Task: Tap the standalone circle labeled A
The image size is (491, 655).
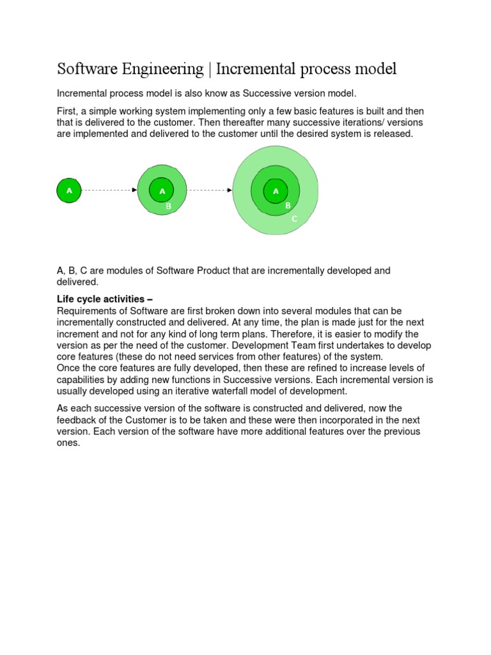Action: (x=69, y=191)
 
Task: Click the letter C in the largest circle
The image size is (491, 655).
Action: (x=294, y=219)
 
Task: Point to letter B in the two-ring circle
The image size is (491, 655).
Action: (x=168, y=206)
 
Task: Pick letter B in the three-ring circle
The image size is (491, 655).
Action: (x=288, y=205)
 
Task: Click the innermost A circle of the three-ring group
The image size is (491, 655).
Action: (x=276, y=191)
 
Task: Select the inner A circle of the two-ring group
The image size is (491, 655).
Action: (x=162, y=191)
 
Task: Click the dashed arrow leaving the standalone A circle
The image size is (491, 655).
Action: (x=109, y=190)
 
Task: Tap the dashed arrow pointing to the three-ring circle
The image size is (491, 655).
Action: (x=209, y=190)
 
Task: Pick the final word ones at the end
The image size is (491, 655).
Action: (x=68, y=443)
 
